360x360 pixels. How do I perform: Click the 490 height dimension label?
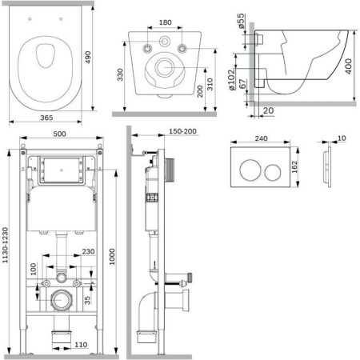[x=88, y=57]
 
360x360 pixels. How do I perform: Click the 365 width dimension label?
[x=46, y=118]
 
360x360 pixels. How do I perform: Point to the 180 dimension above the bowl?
[x=165, y=22]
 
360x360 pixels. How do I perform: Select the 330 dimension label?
[x=120, y=74]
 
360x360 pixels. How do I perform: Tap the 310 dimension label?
[x=210, y=84]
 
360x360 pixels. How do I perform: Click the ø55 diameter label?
[x=241, y=21]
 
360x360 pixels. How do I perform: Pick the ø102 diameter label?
[x=231, y=79]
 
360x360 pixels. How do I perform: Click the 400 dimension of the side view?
[x=348, y=66]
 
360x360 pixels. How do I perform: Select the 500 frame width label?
[x=59, y=134]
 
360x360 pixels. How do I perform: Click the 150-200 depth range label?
[x=182, y=131]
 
